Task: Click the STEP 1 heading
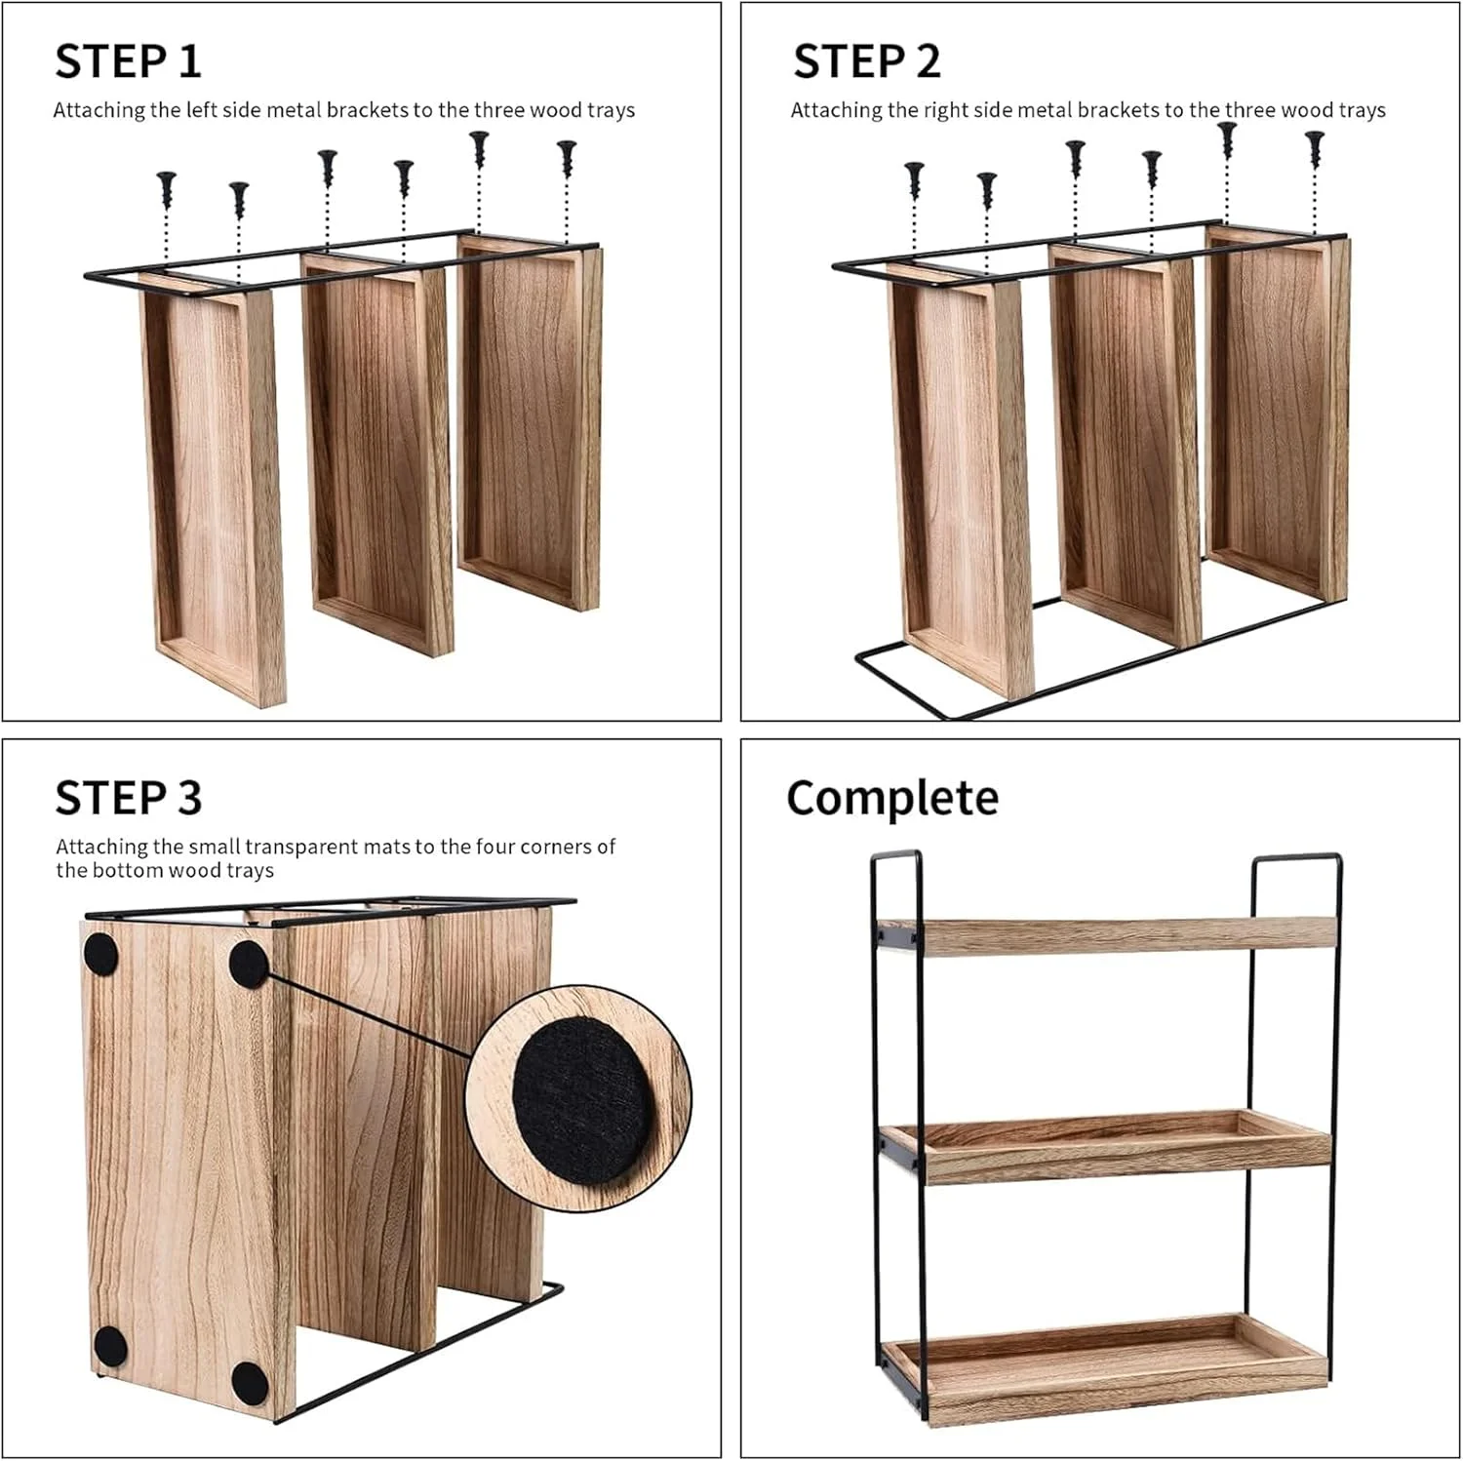point(128,61)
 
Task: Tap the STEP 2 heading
point(866,61)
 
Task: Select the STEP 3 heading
point(128,798)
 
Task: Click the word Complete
point(892,798)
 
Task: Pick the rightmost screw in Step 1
point(567,159)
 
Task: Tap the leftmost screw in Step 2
point(914,179)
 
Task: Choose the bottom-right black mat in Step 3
point(249,1379)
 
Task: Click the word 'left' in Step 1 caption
point(202,110)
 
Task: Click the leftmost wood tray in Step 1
point(214,488)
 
